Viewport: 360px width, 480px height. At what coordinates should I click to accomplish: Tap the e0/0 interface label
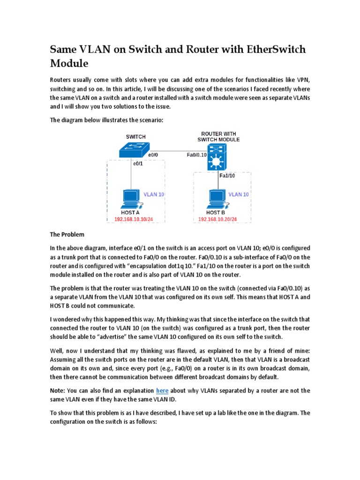point(154,154)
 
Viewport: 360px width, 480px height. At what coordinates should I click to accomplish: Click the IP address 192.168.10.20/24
point(217,219)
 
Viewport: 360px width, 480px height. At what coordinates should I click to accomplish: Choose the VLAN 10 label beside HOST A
point(154,194)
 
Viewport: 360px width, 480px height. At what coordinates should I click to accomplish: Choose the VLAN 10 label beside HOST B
point(239,194)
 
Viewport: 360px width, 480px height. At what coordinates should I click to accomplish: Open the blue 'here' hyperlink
point(162,390)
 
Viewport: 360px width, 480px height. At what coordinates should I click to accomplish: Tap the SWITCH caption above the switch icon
point(135,137)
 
